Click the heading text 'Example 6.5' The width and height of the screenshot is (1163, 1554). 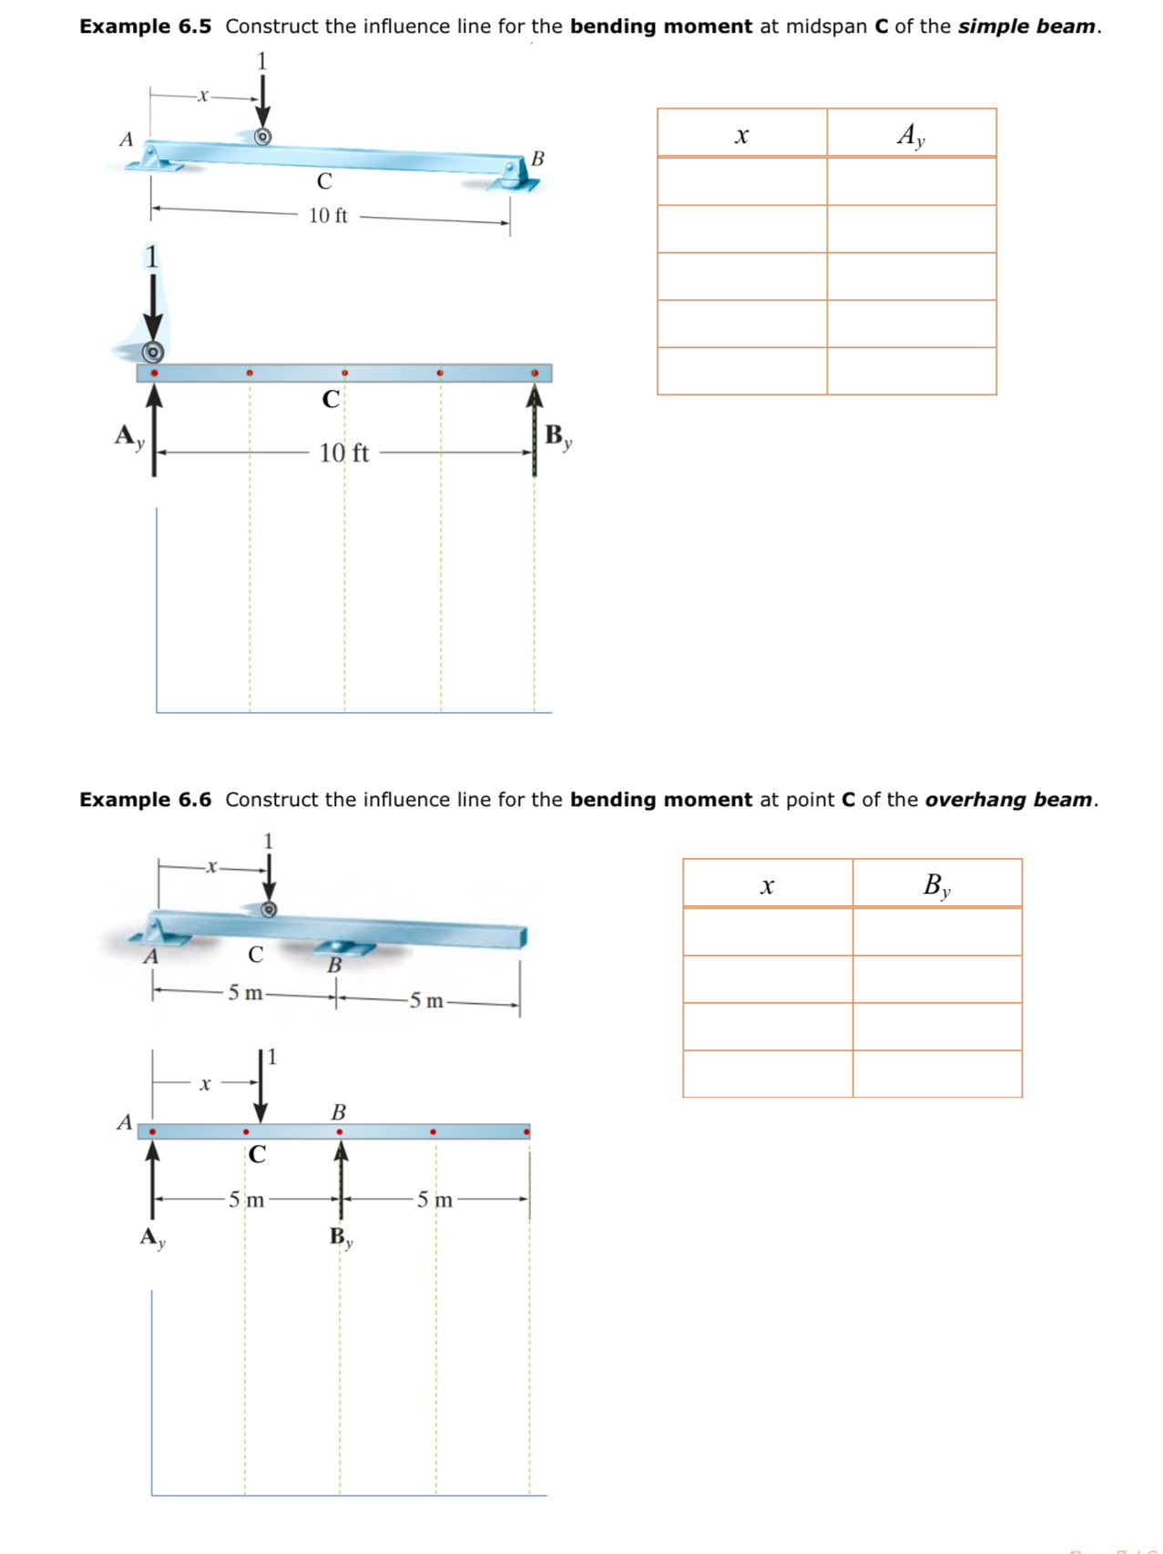tap(145, 26)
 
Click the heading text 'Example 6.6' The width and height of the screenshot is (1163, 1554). tap(145, 800)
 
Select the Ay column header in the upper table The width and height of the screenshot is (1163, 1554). tap(911, 135)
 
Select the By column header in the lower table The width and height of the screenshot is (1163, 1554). tap(936, 884)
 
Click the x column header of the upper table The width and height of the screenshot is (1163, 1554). tap(741, 135)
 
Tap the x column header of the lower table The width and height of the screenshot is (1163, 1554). tap(767, 884)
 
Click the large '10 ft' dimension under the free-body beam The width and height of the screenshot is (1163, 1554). tap(343, 453)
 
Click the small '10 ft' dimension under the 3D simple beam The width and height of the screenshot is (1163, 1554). tap(328, 216)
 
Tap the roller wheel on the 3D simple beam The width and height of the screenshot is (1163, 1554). tap(262, 137)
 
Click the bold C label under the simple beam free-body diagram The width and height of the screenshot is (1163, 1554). tap(331, 399)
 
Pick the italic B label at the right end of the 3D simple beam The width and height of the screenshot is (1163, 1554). tap(537, 158)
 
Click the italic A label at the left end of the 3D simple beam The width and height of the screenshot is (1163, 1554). tap(127, 139)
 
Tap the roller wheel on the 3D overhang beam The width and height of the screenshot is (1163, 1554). tap(269, 909)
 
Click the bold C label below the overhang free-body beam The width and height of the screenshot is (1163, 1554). tap(258, 1154)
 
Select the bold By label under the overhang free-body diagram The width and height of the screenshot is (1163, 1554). tap(341, 1237)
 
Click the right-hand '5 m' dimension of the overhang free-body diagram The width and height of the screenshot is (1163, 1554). tap(434, 1200)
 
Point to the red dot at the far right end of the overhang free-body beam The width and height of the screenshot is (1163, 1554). tap(527, 1132)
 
